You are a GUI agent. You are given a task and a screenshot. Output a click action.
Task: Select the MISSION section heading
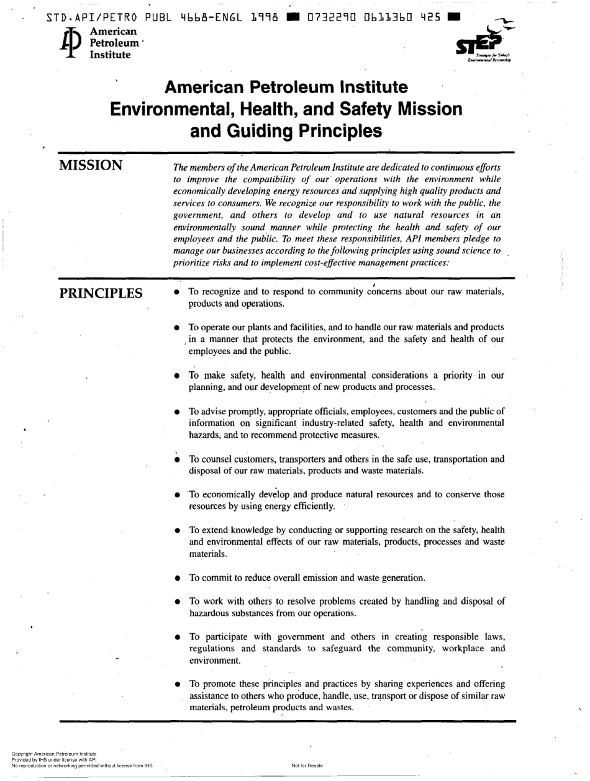tap(90, 166)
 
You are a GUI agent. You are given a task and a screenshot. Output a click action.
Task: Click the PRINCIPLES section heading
tap(101, 293)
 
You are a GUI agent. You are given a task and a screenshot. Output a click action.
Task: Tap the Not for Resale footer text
tap(307, 765)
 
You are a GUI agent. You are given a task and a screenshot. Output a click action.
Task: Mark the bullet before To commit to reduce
tap(177, 578)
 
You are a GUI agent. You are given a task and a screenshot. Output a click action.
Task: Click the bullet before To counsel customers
tap(177, 460)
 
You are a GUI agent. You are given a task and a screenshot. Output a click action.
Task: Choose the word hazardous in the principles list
tap(210, 613)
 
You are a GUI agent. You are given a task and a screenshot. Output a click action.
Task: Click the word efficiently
tap(315, 507)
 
